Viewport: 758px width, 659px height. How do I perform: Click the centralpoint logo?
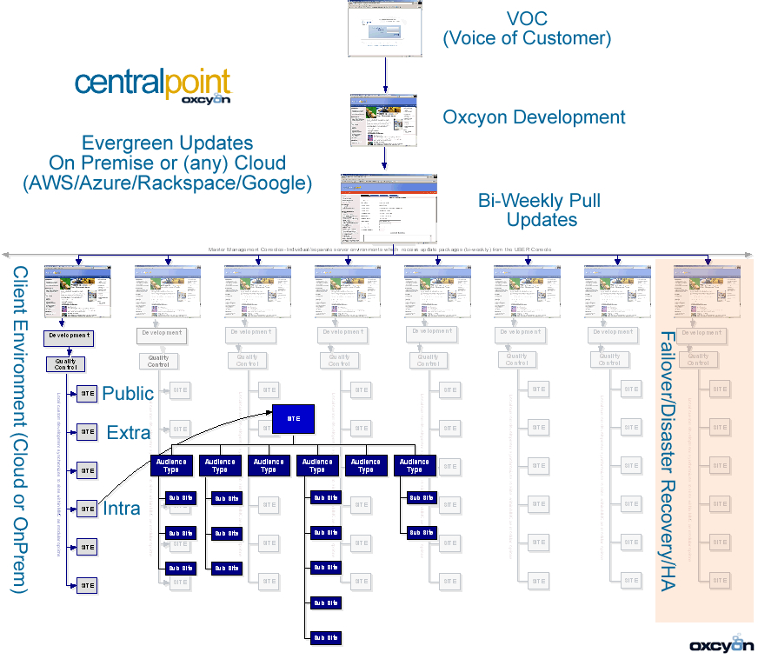pos(153,84)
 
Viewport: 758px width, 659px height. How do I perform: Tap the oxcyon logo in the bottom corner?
pos(721,644)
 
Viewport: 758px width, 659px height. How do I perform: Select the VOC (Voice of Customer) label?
pos(527,29)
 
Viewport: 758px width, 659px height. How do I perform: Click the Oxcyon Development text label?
pos(534,117)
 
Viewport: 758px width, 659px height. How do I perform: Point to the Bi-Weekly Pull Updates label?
pos(539,210)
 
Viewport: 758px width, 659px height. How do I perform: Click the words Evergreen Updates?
pos(167,143)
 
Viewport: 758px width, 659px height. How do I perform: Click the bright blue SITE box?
pos(293,418)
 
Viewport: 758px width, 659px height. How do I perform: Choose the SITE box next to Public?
pos(87,393)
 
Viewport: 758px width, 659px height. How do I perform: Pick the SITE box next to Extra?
pos(87,431)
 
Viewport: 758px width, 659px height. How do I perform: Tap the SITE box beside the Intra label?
pos(87,509)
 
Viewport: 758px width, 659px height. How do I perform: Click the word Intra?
pos(122,509)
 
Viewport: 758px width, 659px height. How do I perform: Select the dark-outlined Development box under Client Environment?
pos(69,336)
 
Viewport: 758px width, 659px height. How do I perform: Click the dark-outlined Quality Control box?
pos(65,364)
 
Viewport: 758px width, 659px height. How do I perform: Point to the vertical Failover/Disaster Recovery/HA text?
pos(668,461)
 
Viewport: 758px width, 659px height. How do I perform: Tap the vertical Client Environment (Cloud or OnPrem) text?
pos(20,430)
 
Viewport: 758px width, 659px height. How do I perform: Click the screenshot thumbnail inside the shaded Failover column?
pos(708,291)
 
